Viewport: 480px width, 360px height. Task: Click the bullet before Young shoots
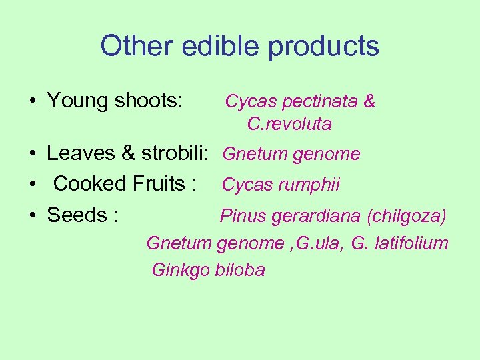tap(32, 101)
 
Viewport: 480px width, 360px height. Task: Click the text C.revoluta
tap(289, 125)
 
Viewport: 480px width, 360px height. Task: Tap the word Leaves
tap(82, 154)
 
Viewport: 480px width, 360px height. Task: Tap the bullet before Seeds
tap(32, 215)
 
